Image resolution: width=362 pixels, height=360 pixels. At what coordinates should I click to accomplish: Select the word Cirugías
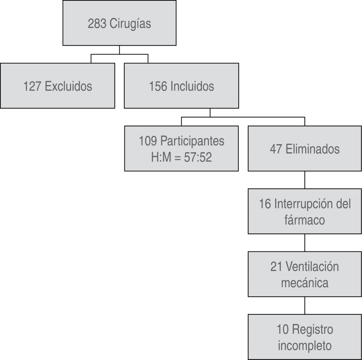click(130, 24)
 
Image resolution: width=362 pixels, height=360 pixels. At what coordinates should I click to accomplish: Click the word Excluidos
click(69, 86)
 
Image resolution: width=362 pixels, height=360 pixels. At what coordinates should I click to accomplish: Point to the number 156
click(158, 86)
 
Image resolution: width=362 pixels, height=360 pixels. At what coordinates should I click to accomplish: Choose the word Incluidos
click(192, 86)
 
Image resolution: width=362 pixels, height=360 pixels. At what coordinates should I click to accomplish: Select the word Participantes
click(192, 141)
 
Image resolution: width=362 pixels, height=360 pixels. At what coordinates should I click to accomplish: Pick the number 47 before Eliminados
click(276, 149)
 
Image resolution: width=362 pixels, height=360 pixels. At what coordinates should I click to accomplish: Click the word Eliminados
click(312, 149)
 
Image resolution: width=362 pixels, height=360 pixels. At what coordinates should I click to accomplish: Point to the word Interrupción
click(303, 204)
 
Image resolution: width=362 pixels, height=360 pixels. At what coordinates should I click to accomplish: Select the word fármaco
click(304, 220)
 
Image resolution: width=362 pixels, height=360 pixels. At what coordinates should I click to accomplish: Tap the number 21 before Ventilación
click(277, 266)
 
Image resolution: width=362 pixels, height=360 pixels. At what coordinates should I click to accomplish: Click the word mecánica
click(304, 283)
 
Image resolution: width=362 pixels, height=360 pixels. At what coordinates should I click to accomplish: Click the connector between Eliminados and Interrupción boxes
click(305, 180)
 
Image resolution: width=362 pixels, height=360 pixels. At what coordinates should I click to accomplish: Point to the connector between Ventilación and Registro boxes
click(305, 306)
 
